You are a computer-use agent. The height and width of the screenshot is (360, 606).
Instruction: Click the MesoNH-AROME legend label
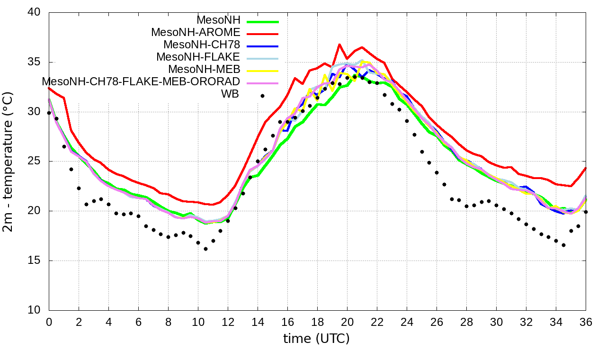point(196,33)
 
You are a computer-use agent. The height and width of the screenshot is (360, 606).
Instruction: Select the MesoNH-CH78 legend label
point(202,45)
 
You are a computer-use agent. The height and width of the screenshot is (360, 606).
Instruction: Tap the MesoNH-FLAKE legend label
point(198,57)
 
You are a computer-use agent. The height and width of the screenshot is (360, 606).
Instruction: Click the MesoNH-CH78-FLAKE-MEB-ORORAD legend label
point(141,81)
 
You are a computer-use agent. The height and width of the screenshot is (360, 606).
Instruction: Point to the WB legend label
point(230,94)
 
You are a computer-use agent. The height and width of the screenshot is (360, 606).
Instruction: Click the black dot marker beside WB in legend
point(262,96)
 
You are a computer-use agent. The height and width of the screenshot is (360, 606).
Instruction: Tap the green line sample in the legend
point(262,21)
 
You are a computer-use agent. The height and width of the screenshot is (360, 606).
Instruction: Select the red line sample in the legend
point(262,33)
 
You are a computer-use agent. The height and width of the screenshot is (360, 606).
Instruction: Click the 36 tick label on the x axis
point(586,322)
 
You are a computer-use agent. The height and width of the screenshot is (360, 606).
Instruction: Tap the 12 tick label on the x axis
point(228,322)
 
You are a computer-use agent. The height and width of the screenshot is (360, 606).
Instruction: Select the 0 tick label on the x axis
point(49,322)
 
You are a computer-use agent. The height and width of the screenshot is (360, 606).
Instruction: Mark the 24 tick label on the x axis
point(407,322)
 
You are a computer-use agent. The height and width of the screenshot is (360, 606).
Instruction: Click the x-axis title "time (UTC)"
point(316,339)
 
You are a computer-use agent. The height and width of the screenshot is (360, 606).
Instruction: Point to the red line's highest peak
point(339,44)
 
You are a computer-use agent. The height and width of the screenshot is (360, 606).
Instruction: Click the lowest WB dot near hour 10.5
point(205,249)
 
